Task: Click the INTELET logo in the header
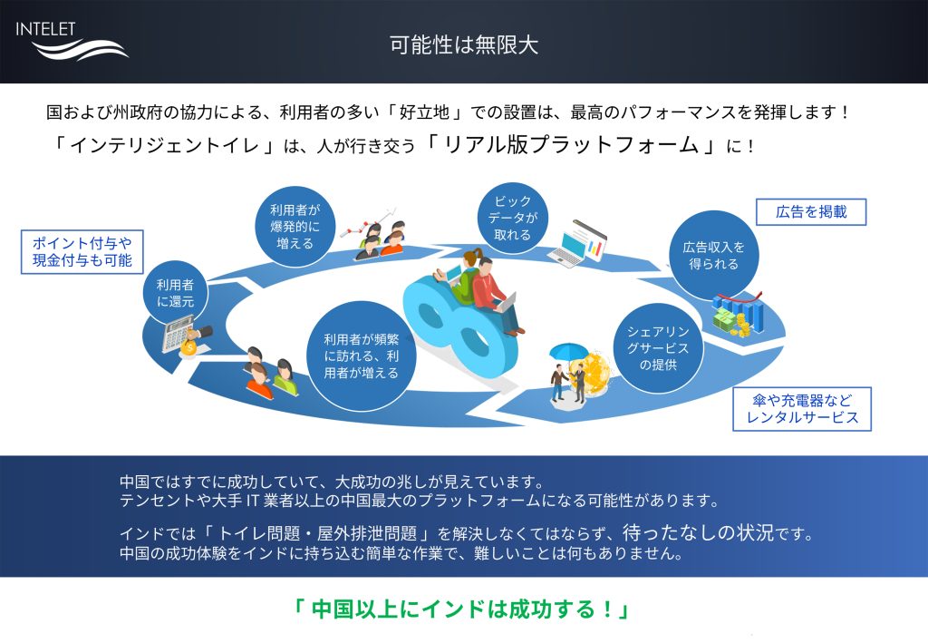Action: coord(71,40)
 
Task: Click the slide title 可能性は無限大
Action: coord(463,44)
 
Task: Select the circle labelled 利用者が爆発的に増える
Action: coord(295,227)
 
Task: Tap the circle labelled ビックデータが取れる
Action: coord(513,218)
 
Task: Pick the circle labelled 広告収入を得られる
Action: coord(714,255)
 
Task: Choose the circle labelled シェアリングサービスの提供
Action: coord(658,348)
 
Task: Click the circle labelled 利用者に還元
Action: coord(175,293)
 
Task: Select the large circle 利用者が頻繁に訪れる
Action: coord(361,356)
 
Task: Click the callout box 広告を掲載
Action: coord(811,211)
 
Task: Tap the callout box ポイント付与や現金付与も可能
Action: coord(82,251)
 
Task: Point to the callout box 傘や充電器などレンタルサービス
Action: coord(802,408)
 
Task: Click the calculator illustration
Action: coord(179,334)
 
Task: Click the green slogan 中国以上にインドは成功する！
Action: coord(462,609)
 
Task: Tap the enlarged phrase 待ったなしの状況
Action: coord(699,532)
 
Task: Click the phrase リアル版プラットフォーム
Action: coord(571,145)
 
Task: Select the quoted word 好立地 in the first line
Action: coord(424,112)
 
